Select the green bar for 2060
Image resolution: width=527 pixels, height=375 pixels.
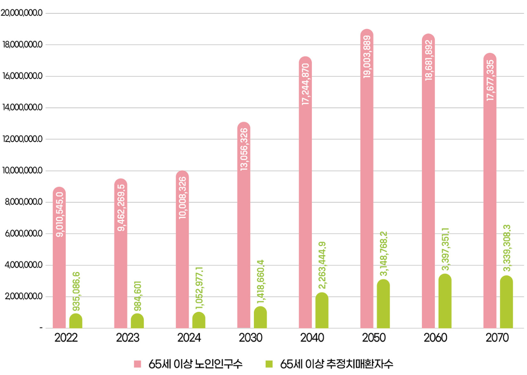tap(445, 301)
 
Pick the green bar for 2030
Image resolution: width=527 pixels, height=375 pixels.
tap(260, 317)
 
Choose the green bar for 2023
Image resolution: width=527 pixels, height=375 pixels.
tap(137, 321)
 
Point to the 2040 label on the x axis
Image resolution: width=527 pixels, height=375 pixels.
tap(312, 338)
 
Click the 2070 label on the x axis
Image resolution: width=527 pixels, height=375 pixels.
tap(497, 338)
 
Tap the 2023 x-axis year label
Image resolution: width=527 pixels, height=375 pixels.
tap(127, 338)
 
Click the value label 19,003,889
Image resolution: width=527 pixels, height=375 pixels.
tap(367, 56)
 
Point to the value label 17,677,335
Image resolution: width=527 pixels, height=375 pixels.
tap(490, 80)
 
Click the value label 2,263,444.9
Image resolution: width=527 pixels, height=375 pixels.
tap(322, 266)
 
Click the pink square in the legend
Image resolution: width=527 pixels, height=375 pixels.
tap(138, 364)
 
